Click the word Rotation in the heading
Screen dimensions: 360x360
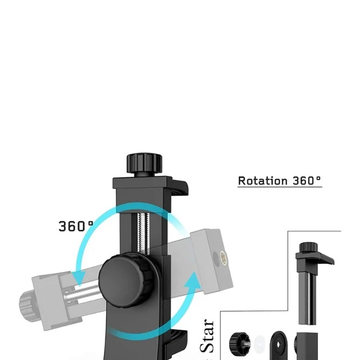pyautogui.click(x=262, y=181)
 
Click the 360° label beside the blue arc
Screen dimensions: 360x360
pyautogui.click(x=76, y=226)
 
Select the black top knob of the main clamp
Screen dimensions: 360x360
pyautogui.click(x=144, y=163)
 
